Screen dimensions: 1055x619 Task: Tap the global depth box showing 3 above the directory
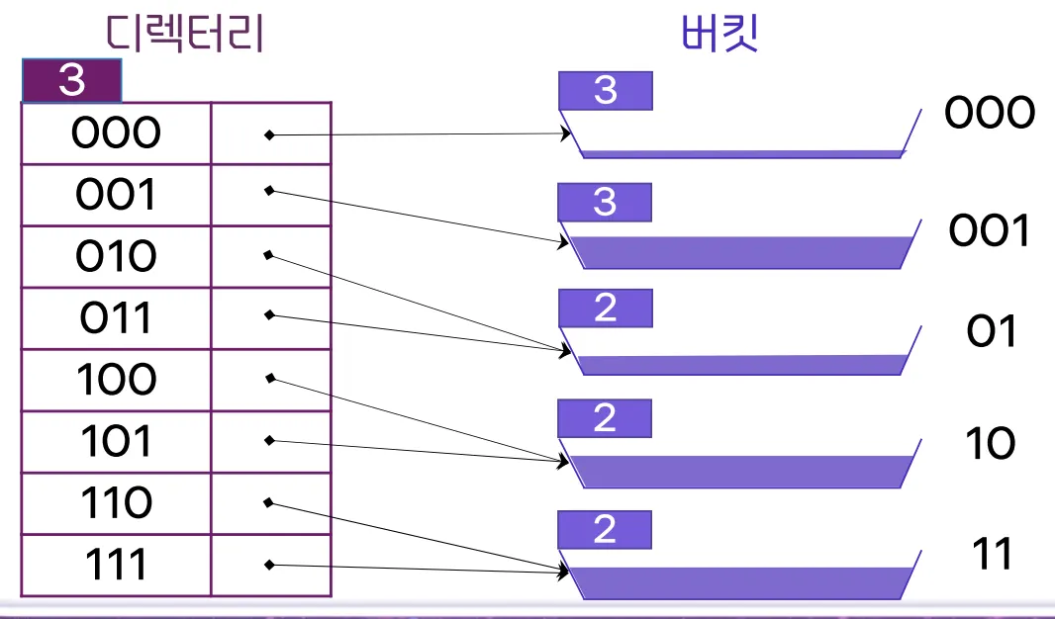click(71, 81)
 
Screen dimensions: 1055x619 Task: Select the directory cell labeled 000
click(116, 133)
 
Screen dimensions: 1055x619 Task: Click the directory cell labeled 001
click(116, 195)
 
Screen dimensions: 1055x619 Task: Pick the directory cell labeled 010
click(116, 257)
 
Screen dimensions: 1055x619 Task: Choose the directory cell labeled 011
click(116, 318)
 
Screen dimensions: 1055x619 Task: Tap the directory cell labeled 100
click(116, 380)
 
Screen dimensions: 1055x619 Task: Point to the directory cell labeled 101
click(116, 441)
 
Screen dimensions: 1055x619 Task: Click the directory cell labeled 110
click(116, 503)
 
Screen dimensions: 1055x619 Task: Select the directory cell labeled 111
click(116, 565)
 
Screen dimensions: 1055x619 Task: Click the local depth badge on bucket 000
click(605, 91)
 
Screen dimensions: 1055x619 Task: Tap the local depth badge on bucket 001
click(605, 203)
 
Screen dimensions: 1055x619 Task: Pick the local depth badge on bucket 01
click(605, 309)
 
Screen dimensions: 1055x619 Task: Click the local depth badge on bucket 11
click(605, 530)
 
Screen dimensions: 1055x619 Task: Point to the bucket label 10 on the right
click(990, 445)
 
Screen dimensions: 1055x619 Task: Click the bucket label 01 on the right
click(991, 332)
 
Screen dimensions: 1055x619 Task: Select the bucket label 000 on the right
click(990, 114)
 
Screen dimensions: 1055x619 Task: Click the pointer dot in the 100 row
click(270, 377)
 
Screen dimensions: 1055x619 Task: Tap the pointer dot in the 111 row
click(269, 566)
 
